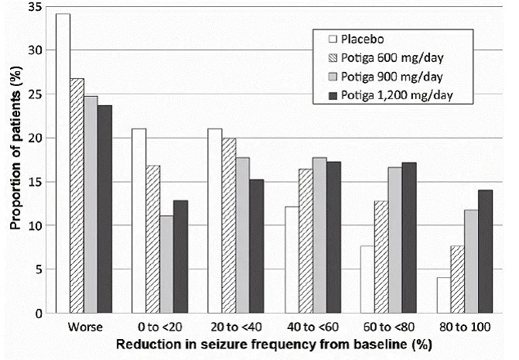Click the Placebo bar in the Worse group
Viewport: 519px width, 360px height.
point(63,163)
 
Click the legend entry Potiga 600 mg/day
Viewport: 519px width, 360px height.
point(383,57)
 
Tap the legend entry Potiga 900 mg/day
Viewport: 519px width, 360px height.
point(383,76)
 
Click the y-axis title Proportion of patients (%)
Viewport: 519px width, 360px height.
point(13,159)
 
